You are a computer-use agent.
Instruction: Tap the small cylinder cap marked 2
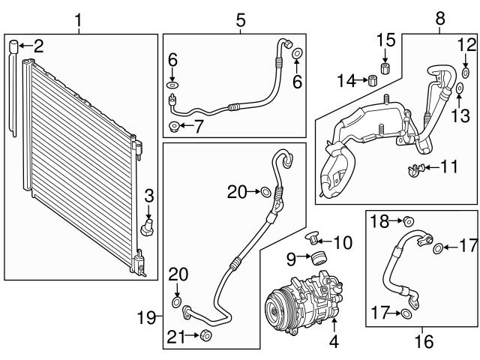tap(13, 48)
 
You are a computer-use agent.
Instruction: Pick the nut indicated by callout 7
tap(174, 126)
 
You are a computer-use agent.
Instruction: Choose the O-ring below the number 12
tap(465, 73)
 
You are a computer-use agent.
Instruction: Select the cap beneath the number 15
tap(385, 69)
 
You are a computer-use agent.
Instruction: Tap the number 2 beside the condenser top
tap(37, 46)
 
